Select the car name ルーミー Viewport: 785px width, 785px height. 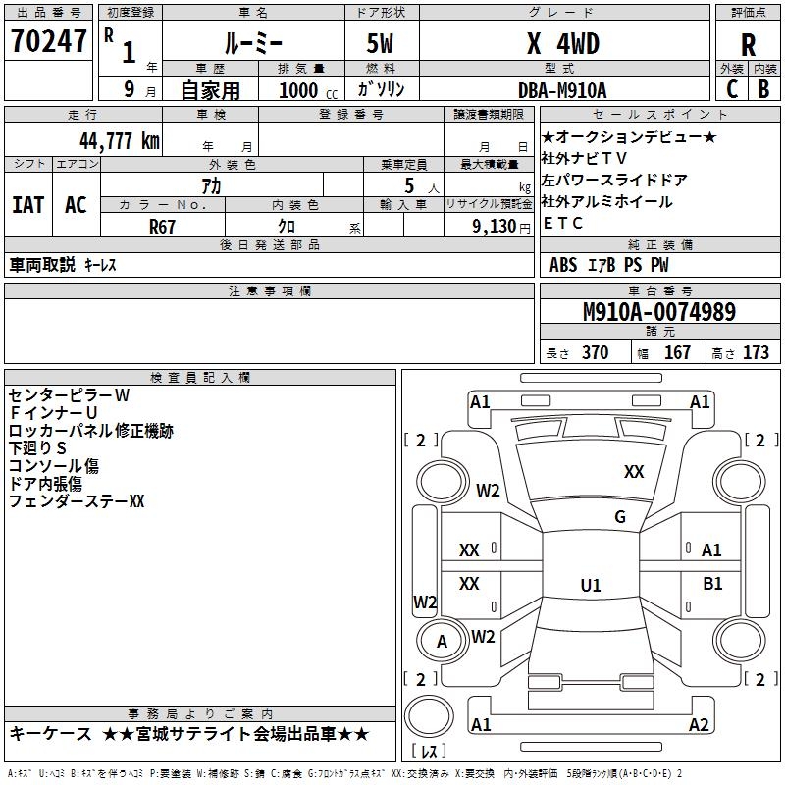253,45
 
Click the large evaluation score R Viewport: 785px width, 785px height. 748,45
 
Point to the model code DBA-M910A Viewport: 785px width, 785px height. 562,90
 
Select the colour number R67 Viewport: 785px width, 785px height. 162,226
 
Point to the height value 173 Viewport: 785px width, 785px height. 756,353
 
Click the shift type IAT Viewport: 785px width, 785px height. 27,204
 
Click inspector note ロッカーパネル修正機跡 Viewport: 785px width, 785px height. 90,430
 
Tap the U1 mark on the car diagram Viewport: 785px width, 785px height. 590,586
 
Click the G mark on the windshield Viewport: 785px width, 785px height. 620,517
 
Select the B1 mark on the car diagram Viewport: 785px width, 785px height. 712,584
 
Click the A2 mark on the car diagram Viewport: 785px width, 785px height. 699,725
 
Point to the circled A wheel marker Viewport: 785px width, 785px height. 442,642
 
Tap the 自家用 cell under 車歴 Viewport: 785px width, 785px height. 211,90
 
